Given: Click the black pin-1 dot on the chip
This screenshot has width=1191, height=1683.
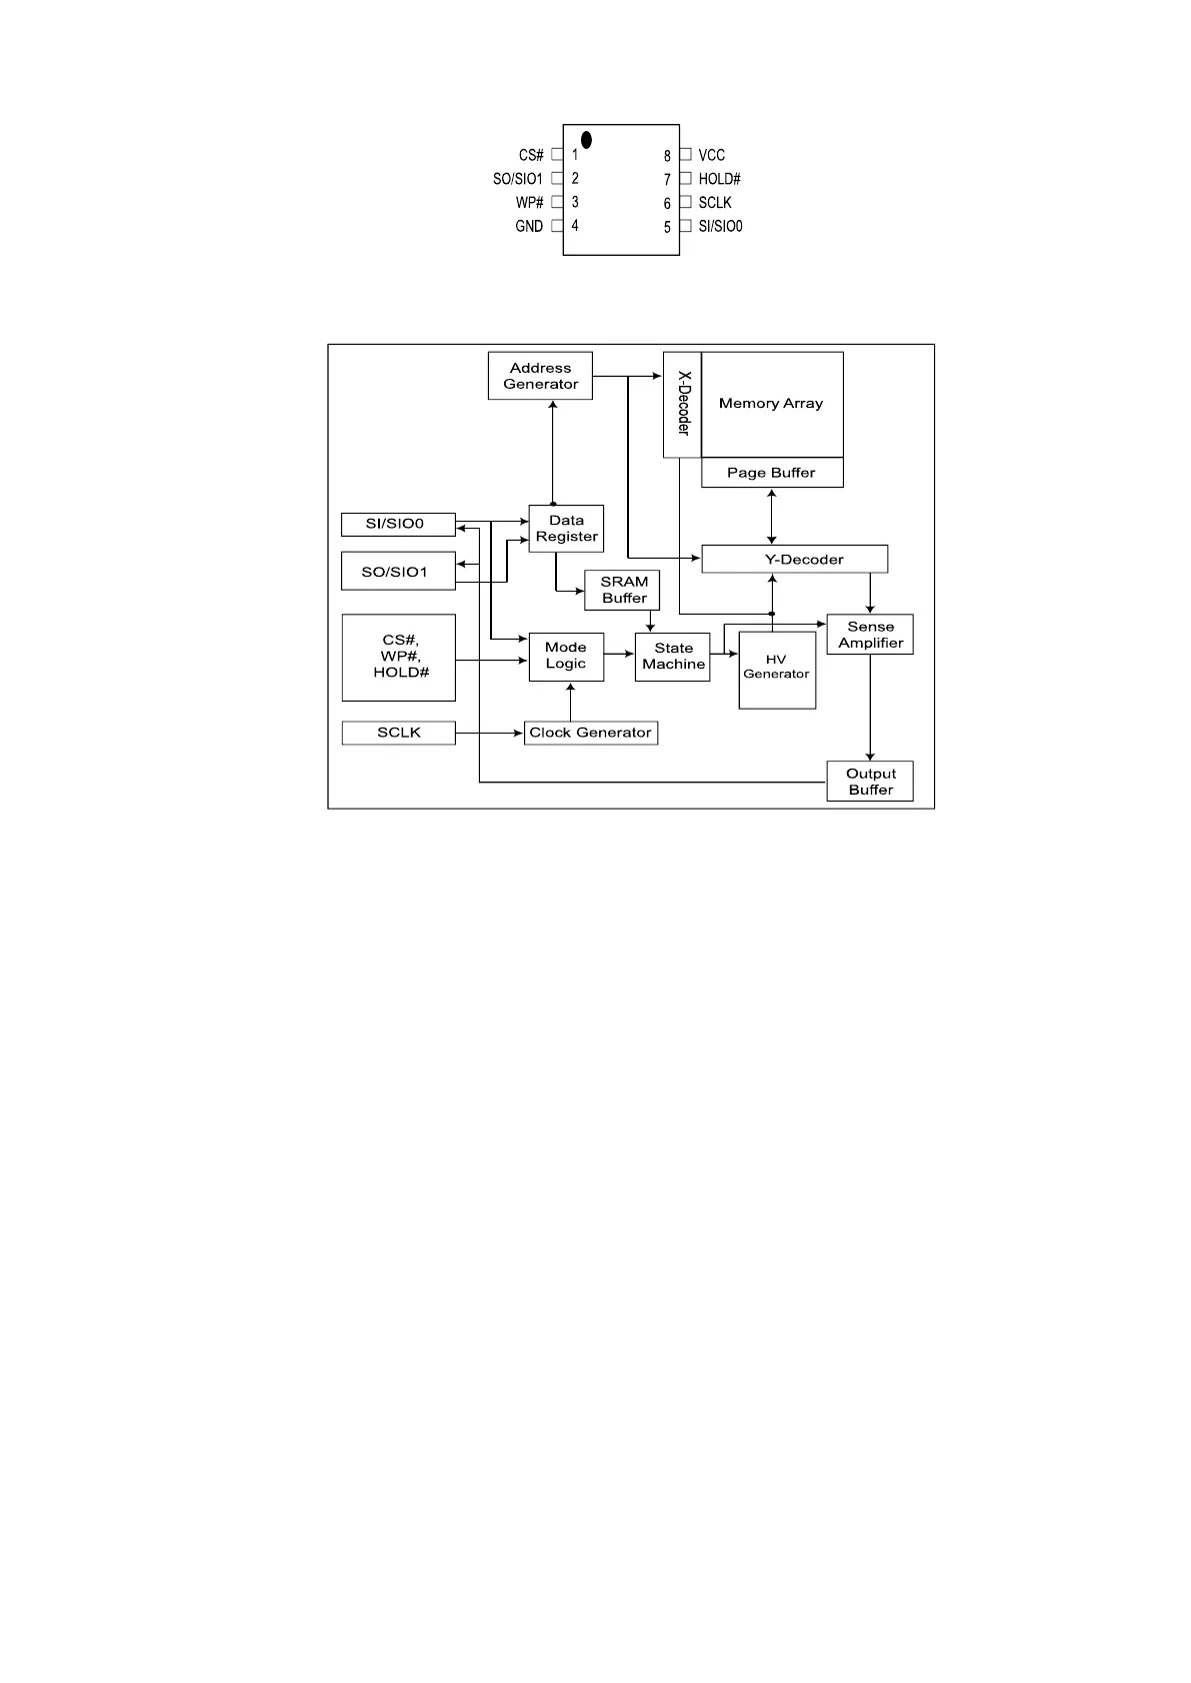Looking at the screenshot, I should [586, 140].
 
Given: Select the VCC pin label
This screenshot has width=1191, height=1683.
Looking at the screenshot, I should [711, 155].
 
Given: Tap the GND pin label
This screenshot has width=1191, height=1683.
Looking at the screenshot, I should [529, 226].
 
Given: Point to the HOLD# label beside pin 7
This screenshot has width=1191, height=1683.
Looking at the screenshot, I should [719, 179].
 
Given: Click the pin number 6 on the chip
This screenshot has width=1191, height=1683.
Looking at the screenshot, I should [667, 203].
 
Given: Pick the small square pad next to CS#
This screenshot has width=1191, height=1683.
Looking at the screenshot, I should [557, 155].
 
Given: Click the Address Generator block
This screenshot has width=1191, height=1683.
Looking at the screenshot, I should [540, 376].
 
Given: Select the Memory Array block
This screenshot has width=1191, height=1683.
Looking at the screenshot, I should [772, 404].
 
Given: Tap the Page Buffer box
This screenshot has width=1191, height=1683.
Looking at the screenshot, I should [772, 473].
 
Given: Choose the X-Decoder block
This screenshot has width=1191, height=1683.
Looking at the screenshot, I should [683, 404].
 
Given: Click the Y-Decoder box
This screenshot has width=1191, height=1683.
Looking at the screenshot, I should [795, 559].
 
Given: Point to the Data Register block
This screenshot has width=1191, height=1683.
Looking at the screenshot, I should [566, 529].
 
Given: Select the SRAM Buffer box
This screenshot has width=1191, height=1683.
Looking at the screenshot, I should [624, 590].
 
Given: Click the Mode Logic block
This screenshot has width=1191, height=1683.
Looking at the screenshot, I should [566, 657].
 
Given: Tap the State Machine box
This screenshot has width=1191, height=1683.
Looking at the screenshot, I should [673, 657].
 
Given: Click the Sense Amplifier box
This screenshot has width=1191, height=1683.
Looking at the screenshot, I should [870, 635].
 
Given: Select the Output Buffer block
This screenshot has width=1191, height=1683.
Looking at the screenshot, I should [870, 782].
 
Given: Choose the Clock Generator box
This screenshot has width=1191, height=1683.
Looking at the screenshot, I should [591, 733].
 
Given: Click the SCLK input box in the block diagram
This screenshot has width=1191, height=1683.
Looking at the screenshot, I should [399, 733].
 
